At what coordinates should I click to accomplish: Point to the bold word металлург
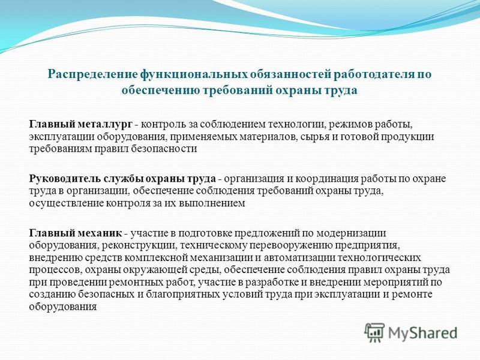click(x=106, y=125)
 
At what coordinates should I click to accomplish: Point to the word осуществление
click(x=66, y=203)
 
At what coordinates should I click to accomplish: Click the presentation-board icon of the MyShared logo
click(x=374, y=332)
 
